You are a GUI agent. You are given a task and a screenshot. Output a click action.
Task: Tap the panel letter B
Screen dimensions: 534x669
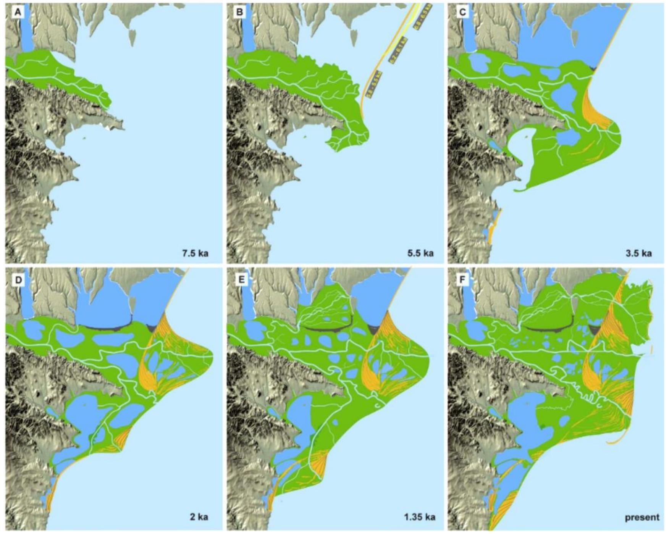pyautogui.click(x=239, y=13)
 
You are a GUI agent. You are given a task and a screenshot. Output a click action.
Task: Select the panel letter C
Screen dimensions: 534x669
pyautogui.click(x=462, y=13)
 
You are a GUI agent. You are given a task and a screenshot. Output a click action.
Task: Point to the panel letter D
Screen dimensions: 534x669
pyautogui.click(x=18, y=281)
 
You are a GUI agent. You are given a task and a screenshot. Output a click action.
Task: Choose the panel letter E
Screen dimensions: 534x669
pyautogui.click(x=241, y=281)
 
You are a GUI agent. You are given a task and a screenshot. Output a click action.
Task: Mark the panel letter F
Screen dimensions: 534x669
pyautogui.click(x=462, y=281)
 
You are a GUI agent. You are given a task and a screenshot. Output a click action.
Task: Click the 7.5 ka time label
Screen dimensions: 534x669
pyautogui.click(x=195, y=253)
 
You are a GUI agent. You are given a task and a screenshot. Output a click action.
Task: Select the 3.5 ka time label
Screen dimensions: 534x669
pyautogui.click(x=639, y=253)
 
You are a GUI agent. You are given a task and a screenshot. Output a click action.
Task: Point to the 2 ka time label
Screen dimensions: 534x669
pyautogui.click(x=199, y=517)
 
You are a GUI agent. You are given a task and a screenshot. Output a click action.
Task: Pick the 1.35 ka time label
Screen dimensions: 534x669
pyautogui.click(x=419, y=517)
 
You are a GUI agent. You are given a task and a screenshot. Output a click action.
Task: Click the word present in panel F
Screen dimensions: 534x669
pyautogui.click(x=642, y=517)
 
